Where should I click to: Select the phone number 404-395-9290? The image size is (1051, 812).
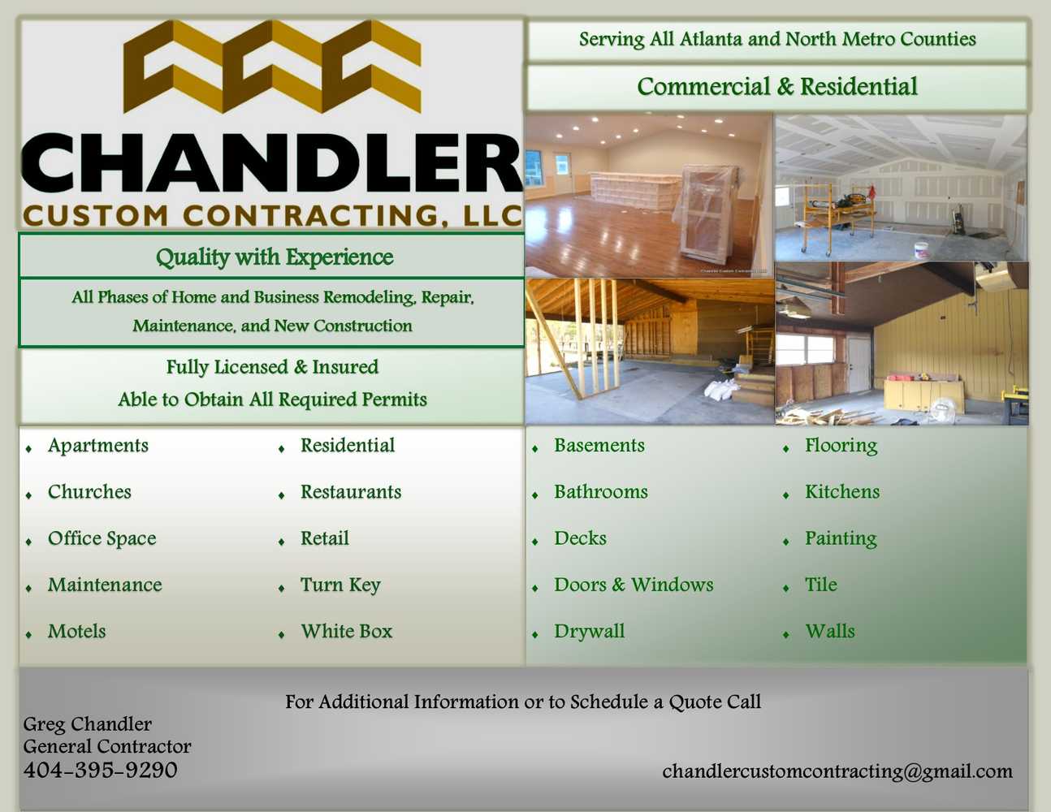[100, 771]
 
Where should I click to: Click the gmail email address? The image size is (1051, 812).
[837, 771]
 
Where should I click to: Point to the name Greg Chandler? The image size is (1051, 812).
[87, 723]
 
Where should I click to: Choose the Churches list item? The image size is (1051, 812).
[89, 492]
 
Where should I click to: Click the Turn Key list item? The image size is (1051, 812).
[340, 585]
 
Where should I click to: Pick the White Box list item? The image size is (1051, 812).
[347, 632]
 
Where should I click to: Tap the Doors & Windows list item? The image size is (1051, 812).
[634, 585]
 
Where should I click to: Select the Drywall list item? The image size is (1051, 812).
[590, 632]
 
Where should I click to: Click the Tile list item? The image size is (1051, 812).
[821, 585]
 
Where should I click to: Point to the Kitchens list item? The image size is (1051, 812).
[842, 492]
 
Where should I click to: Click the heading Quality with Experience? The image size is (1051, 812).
[275, 257]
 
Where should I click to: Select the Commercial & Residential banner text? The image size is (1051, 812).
[777, 87]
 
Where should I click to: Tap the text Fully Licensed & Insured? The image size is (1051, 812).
[272, 367]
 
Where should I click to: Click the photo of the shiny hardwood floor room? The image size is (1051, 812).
[648, 196]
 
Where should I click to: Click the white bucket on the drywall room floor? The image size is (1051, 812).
[921, 250]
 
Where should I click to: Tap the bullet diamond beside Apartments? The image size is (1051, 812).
[29, 448]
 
